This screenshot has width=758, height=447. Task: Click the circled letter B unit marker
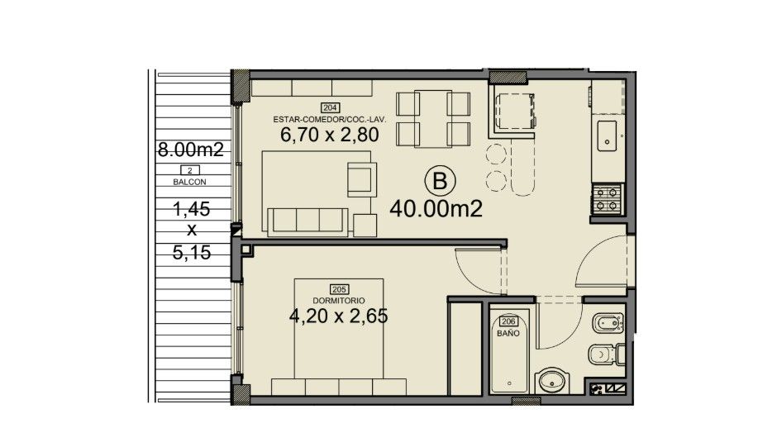pos(440,181)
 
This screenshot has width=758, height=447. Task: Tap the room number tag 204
pos(330,107)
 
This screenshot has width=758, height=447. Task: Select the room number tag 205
pos(339,289)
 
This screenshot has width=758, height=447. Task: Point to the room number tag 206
pos(508,322)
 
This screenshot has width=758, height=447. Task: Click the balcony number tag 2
pos(190,170)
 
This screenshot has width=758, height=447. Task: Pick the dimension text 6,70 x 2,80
pos(330,135)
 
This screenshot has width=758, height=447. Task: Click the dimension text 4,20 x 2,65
pos(338,316)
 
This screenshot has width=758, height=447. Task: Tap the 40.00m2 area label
pos(436,209)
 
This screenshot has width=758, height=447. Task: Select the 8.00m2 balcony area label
pos(191,150)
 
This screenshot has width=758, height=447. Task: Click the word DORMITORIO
pos(339,300)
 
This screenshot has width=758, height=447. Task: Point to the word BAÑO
pos(508,333)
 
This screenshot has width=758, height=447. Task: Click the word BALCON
pos(189,182)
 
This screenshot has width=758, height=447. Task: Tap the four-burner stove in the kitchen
pos(608,198)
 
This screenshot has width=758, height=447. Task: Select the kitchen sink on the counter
pos(607,136)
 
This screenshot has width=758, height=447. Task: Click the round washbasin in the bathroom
pos(554,381)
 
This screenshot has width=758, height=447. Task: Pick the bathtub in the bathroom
pos(509,351)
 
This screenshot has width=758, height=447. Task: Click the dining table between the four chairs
pos(433,119)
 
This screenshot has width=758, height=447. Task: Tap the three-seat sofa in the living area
pos(308,222)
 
